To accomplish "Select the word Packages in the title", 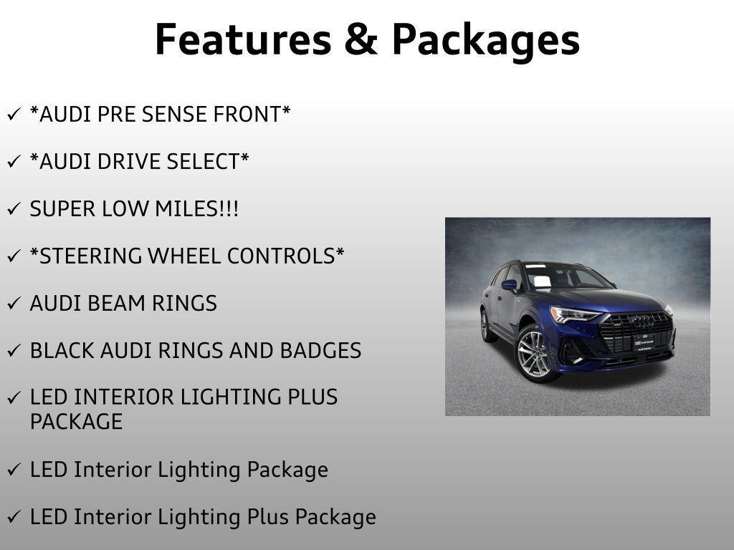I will tap(485, 41).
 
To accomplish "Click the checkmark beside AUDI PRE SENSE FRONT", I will tap(14, 115).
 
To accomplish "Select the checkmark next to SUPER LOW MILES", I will tap(14, 210).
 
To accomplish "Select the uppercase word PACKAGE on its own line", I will tap(76, 422).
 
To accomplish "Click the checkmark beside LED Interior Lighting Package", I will tap(14, 471).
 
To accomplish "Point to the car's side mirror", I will tap(509, 285).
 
